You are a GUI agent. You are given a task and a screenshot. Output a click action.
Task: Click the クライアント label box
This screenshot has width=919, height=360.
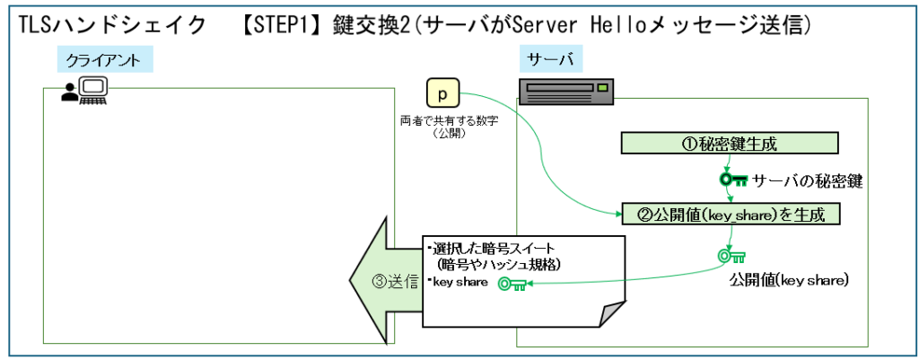[x=104, y=60]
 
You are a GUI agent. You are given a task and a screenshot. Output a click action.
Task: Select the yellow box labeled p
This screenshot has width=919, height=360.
[x=442, y=93]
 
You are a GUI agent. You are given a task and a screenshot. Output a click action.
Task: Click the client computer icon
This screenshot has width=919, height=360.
[x=85, y=90]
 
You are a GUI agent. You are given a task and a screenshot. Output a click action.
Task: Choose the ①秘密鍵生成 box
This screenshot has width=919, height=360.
[x=730, y=143]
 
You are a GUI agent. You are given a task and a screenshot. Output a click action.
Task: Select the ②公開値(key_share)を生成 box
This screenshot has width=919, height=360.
[x=730, y=215]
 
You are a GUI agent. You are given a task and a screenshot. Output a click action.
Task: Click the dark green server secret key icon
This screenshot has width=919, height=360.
[x=733, y=180]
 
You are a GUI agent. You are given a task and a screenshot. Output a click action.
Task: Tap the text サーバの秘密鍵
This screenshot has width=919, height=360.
[x=808, y=181]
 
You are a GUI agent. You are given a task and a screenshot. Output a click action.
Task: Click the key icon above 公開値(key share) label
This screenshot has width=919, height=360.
[x=731, y=257]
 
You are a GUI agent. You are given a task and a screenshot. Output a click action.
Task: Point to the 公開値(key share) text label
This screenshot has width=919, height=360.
[x=791, y=281]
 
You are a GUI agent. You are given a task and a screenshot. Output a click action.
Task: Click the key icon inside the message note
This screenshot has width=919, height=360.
[x=512, y=284]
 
